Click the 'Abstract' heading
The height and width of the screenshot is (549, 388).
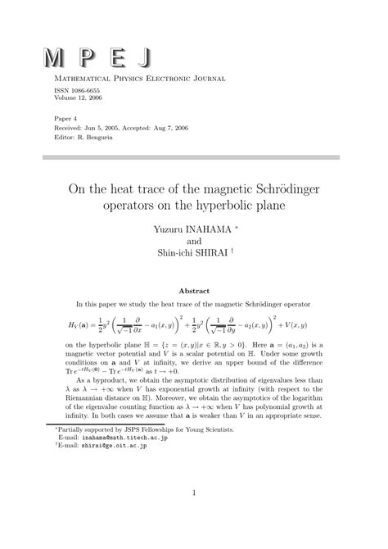point(194,290)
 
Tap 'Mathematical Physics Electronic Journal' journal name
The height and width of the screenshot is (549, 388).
point(133,79)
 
